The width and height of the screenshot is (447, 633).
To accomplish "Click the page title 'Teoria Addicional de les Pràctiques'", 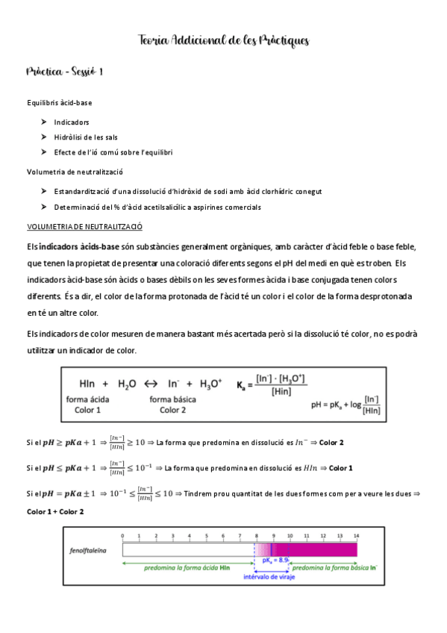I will [223, 40].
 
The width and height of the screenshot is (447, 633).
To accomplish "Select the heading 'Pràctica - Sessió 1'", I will [64, 72].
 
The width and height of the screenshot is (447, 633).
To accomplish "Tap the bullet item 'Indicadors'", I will [72, 122].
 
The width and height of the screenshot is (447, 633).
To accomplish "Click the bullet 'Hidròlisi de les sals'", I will [86, 137].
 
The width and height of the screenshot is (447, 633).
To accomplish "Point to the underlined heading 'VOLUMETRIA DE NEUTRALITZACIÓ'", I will [84, 225].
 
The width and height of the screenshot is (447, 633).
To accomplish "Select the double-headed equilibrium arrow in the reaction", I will [151, 384].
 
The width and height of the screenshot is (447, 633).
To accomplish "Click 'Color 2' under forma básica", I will [172, 410].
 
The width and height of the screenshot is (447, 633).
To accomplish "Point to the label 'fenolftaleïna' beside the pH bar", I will [87, 550].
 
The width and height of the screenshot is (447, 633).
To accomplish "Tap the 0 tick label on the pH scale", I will [122, 536].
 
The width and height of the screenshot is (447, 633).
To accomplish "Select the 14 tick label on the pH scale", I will [357, 536].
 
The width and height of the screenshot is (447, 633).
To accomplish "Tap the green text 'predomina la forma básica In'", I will [326, 567].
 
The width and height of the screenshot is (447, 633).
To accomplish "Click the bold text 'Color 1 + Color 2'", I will [55, 511].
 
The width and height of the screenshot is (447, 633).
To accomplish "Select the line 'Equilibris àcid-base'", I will [60, 102].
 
